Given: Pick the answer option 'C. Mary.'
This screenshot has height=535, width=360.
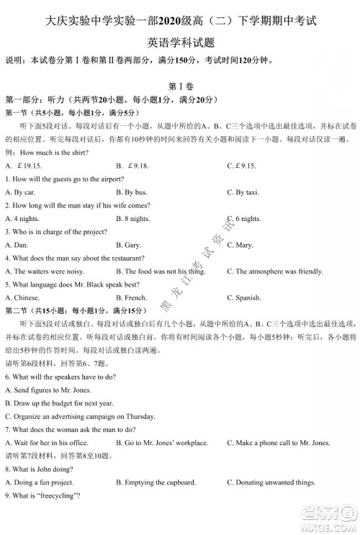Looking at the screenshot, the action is pos(240,245).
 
